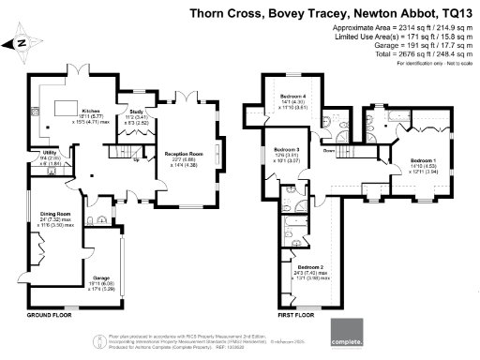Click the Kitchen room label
(90, 110)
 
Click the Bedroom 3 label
(286, 151)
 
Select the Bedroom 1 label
(426, 161)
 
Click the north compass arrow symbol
(18, 43)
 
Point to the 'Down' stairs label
(329, 151)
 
